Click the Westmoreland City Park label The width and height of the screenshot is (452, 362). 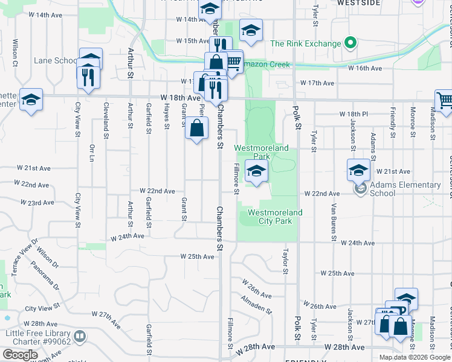275,217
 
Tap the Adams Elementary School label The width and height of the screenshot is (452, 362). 405,189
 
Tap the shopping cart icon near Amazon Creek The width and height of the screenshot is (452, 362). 233,61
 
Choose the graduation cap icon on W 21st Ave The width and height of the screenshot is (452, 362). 358,170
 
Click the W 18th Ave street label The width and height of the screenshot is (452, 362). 180,97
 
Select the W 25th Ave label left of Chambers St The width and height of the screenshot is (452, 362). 198,256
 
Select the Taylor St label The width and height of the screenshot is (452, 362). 285,259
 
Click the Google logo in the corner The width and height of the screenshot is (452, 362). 20,355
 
